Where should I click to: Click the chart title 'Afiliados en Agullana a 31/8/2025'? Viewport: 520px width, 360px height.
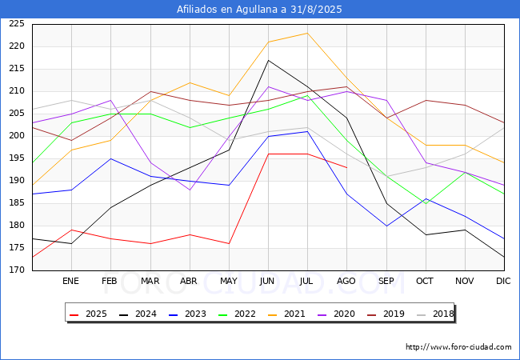click(x=259, y=10)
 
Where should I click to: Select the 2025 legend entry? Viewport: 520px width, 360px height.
click(x=88, y=314)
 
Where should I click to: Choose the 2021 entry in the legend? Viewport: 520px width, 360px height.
click(x=286, y=314)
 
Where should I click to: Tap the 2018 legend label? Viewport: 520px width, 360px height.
click(x=435, y=314)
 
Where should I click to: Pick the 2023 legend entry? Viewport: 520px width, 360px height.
click(x=187, y=314)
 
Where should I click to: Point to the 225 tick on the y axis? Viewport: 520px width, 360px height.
click(x=17, y=24)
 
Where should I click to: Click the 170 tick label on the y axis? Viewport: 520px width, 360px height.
click(x=17, y=270)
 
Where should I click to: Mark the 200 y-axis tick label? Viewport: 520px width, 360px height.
click(x=17, y=136)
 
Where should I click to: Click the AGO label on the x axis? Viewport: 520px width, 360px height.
click(x=346, y=281)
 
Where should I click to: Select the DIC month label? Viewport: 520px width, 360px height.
click(x=503, y=281)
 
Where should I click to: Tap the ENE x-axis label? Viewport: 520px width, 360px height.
click(x=70, y=281)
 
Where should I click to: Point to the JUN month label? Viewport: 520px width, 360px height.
click(x=267, y=281)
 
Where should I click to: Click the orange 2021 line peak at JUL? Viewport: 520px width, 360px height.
click(x=307, y=33)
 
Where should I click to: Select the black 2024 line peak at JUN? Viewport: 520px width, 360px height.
click(x=268, y=60)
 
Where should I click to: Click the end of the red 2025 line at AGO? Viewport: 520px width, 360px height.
click(x=347, y=168)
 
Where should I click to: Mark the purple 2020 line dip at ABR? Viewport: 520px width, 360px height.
click(x=190, y=190)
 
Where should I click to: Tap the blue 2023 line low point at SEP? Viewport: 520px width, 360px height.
click(x=386, y=226)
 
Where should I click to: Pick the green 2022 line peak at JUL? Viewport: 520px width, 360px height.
click(x=307, y=96)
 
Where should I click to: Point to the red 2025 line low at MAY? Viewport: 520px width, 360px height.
click(x=229, y=244)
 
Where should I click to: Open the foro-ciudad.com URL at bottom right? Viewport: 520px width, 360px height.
click(x=458, y=347)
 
